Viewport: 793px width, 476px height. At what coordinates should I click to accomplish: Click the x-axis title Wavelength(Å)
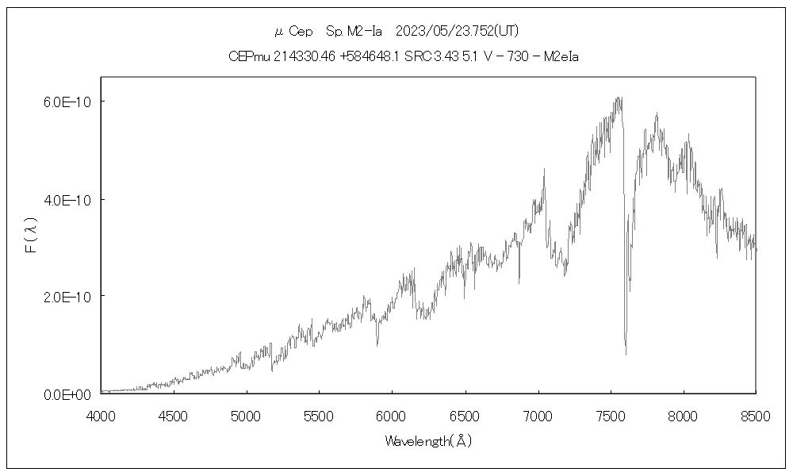[428, 441]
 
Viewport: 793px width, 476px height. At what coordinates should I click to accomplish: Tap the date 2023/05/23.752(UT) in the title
[458, 31]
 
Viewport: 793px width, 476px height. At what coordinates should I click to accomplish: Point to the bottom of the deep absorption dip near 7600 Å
[626, 354]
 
